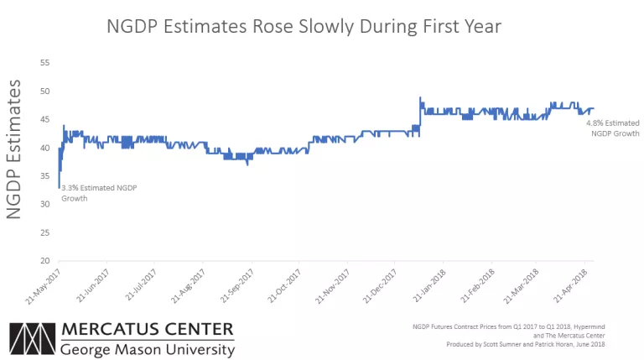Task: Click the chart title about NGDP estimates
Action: tap(304, 27)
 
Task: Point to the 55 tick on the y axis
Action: tap(45, 63)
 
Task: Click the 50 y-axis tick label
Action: tap(45, 91)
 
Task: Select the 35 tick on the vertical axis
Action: tap(45, 176)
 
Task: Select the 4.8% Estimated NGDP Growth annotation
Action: tap(611, 128)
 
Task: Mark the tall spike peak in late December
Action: tap(419, 98)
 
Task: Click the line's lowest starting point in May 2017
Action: tap(59, 186)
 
